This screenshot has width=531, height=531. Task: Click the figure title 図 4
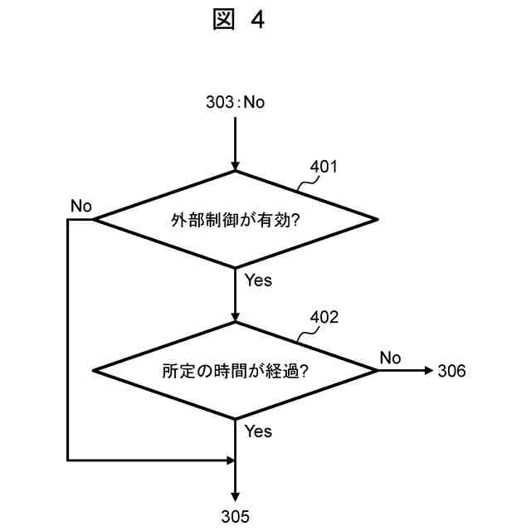[238, 21]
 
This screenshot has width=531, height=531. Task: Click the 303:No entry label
[235, 102]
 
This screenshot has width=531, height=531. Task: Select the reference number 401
[324, 166]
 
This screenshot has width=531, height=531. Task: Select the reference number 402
[324, 317]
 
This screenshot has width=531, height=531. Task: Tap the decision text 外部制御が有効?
[235, 220]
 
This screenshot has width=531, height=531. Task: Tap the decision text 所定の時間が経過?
[235, 371]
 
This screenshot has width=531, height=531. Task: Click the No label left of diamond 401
[81, 206]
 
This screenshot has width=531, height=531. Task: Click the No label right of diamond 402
[391, 357]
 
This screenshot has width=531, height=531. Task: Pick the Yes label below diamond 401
[258, 280]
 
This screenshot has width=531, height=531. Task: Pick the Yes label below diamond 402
[258, 431]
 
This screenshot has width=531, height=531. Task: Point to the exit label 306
[451, 371]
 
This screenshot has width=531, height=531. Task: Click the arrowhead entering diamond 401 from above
[236, 165]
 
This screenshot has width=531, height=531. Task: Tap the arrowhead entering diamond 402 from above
[236, 316]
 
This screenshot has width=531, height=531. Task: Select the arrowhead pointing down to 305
[236, 496]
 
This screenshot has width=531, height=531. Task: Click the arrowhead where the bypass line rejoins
[230, 459]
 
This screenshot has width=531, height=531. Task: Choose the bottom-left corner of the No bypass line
[66, 459]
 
